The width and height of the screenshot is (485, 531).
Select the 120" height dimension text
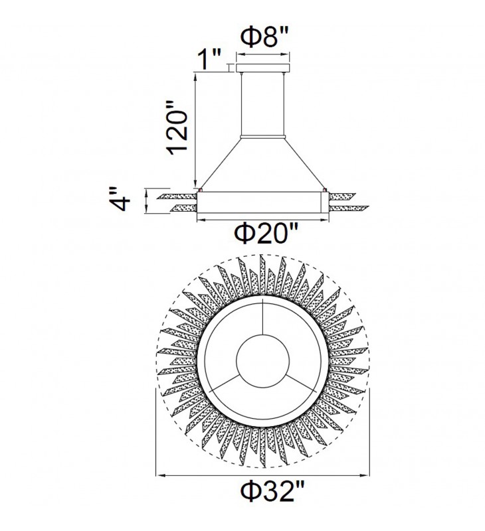(x=178, y=127)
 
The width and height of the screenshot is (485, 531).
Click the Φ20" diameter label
(x=266, y=234)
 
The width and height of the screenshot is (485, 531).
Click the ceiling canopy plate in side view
(x=263, y=68)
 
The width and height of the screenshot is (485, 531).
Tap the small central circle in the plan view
(x=262, y=361)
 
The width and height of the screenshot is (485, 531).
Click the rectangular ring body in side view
(x=262, y=203)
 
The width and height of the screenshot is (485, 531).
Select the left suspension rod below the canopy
(x=241, y=104)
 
